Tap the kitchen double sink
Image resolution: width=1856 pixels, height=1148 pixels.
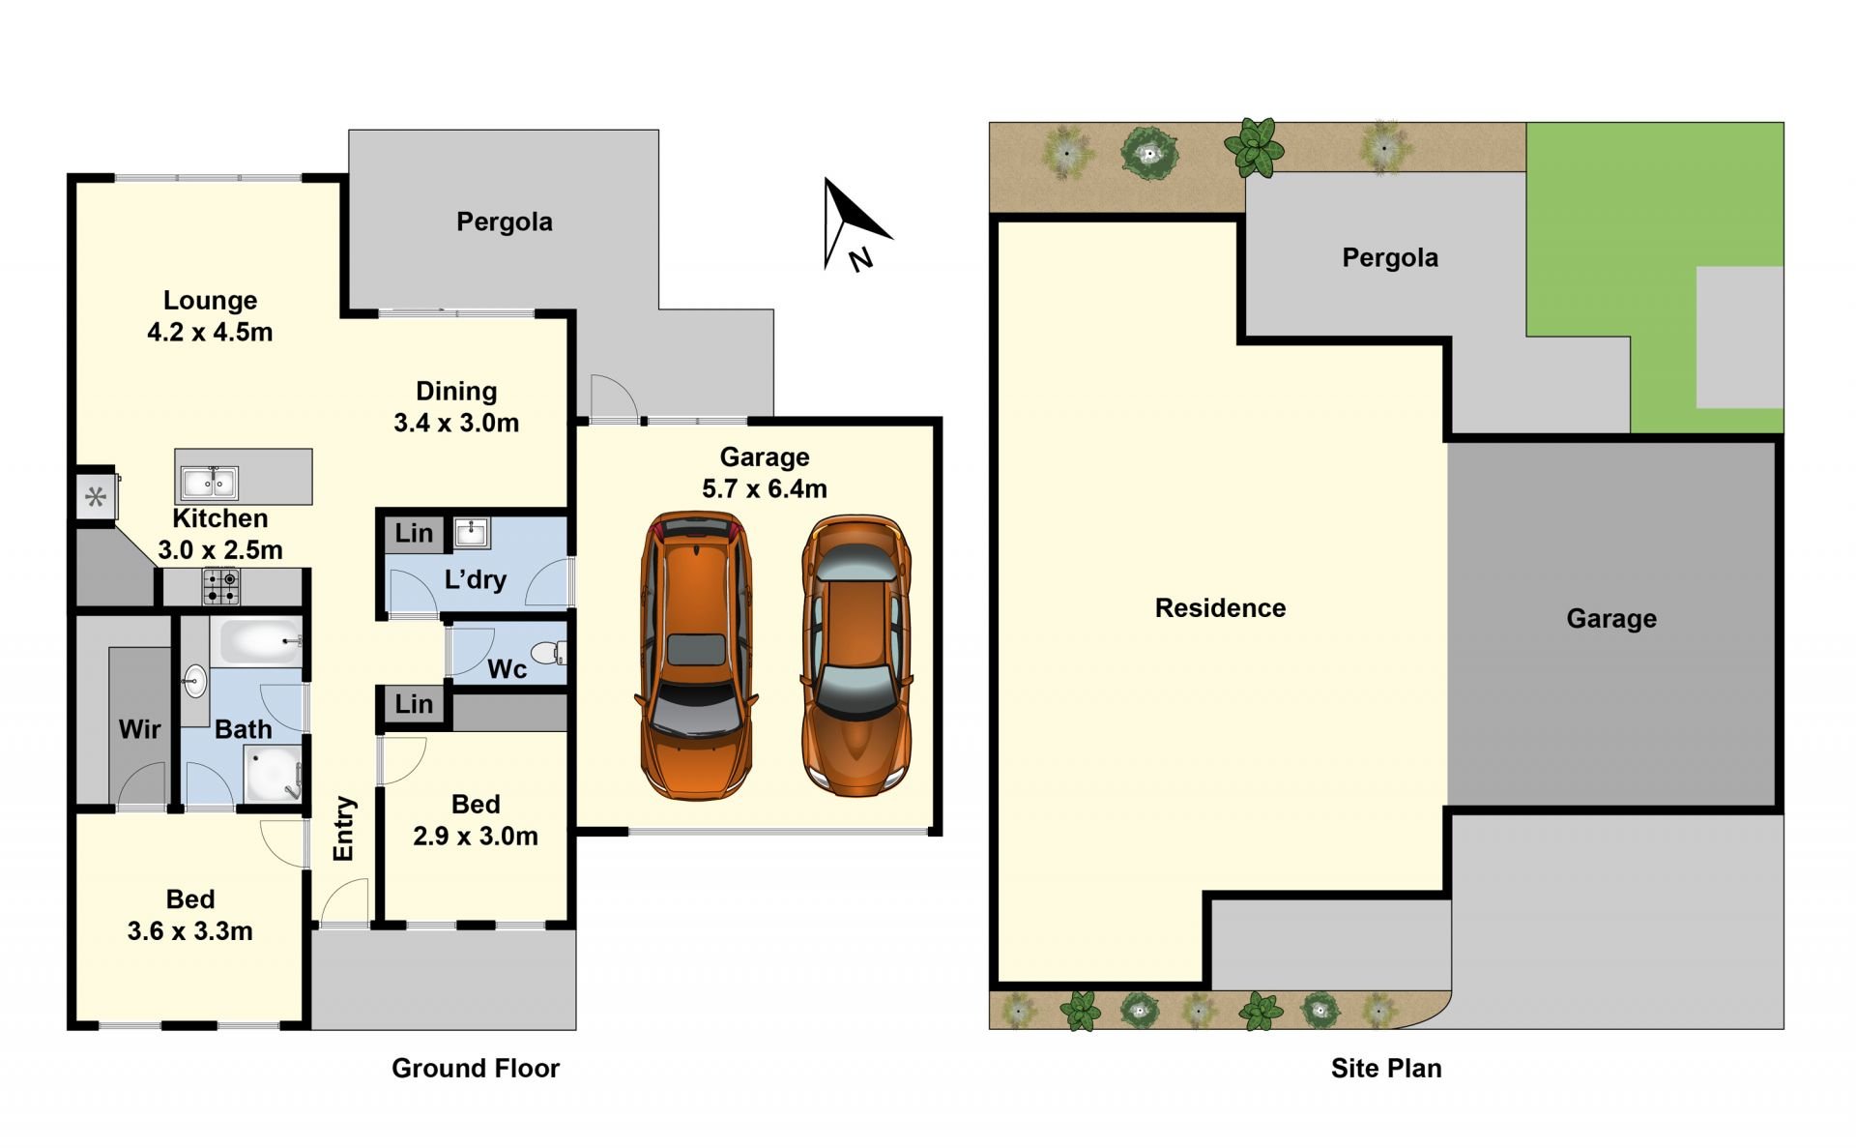coord(209,482)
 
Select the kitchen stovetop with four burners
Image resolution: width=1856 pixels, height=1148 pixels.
coord(220,586)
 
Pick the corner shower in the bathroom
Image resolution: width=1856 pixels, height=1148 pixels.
coord(272,773)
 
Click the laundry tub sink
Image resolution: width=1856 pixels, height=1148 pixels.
coord(472,532)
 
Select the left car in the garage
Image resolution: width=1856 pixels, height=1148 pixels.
coord(695,655)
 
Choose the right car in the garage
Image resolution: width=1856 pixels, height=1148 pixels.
coord(855,655)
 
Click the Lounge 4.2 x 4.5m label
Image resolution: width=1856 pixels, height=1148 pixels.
coord(210,316)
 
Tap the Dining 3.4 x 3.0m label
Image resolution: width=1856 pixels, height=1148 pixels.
coord(456,406)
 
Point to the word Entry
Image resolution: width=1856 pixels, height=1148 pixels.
coord(344,828)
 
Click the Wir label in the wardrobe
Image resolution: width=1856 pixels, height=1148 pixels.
coord(139,729)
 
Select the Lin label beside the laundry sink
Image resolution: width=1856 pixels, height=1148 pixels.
coord(414,533)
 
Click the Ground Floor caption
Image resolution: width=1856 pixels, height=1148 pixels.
coord(476,1068)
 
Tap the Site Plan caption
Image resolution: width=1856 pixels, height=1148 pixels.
coord(1386,1068)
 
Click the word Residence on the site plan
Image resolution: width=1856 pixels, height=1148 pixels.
coord(1220,607)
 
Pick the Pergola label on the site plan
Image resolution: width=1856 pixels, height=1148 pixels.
coord(1390,257)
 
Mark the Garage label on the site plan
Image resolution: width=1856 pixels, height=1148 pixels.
coord(1611,619)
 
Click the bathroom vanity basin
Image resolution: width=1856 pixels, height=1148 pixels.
coord(195,681)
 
